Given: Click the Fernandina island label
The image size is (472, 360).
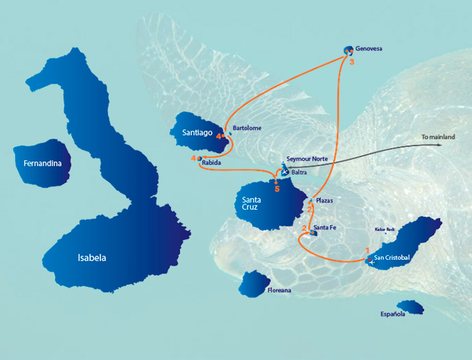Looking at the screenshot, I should click(43, 164).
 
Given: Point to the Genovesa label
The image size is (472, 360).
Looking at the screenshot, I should click(368, 49).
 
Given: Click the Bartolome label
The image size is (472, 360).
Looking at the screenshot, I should click(247, 128).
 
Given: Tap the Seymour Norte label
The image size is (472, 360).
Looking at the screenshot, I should click(307, 159).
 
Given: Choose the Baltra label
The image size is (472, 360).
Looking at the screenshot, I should click(299, 172).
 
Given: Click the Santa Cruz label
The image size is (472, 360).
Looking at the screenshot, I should click(252, 204).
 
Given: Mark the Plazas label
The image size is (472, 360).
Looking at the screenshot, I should click(324, 201).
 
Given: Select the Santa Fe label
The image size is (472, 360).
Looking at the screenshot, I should click(324, 228).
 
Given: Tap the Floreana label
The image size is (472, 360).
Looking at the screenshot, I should click(279, 291).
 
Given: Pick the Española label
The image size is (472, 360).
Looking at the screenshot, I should click(393, 315).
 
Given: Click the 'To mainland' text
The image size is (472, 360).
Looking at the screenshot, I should click(438, 137).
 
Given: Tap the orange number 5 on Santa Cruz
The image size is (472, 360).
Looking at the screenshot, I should click(277, 189).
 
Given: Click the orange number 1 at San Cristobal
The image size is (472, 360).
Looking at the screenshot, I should click(367, 250).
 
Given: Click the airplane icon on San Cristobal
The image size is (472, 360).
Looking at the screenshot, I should click(372, 262).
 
